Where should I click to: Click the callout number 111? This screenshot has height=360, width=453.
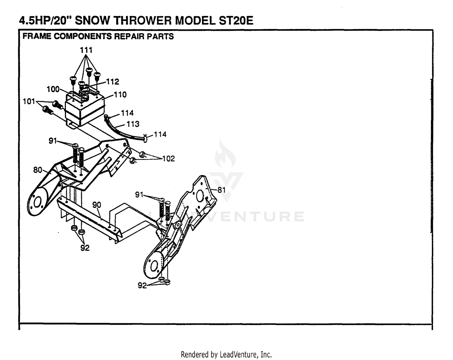click(86, 50)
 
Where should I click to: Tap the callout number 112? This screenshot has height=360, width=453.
click(113, 82)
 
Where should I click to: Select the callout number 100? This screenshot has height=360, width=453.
click(53, 89)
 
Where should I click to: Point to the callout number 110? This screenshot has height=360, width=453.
click(120, 95)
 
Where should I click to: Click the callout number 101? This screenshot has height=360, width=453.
click(29, 101)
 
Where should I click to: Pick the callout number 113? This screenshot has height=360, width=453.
click(133, 124)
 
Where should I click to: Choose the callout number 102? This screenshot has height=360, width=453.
click(169, 159)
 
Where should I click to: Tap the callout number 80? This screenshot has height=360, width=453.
click(38, 170)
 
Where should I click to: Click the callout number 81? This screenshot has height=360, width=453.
click(221, 190)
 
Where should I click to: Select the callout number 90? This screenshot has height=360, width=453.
click(97, 205)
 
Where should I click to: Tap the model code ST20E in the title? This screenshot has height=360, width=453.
click(236, 21)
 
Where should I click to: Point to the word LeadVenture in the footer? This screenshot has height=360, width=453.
click(238, 355)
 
